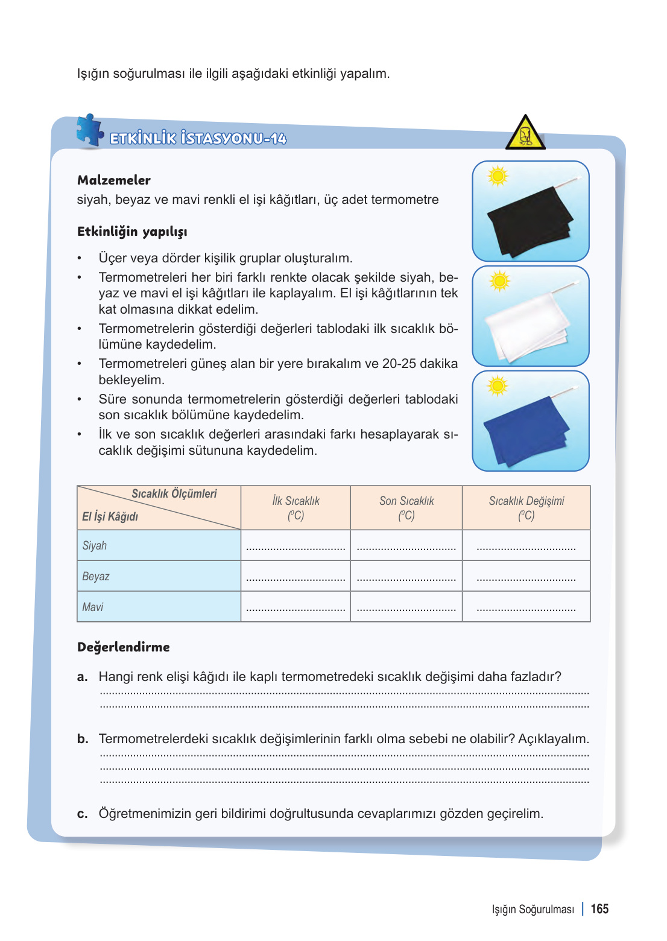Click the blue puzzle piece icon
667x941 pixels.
90,130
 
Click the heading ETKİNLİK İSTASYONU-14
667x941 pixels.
198,139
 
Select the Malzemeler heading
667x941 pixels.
114,180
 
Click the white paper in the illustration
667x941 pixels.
528,326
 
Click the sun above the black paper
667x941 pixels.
498,176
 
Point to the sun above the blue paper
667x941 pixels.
498,386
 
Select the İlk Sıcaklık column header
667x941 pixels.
296,508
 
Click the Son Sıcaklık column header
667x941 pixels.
406,508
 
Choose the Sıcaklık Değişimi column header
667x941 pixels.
526,508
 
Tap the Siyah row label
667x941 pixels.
95,545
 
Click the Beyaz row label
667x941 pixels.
96,576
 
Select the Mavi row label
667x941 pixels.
93,607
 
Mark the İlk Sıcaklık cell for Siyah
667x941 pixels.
296,546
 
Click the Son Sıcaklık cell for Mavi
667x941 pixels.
406,607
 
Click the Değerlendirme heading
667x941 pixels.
124,647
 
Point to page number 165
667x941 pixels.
599,909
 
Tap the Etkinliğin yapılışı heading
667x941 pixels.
132,232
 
